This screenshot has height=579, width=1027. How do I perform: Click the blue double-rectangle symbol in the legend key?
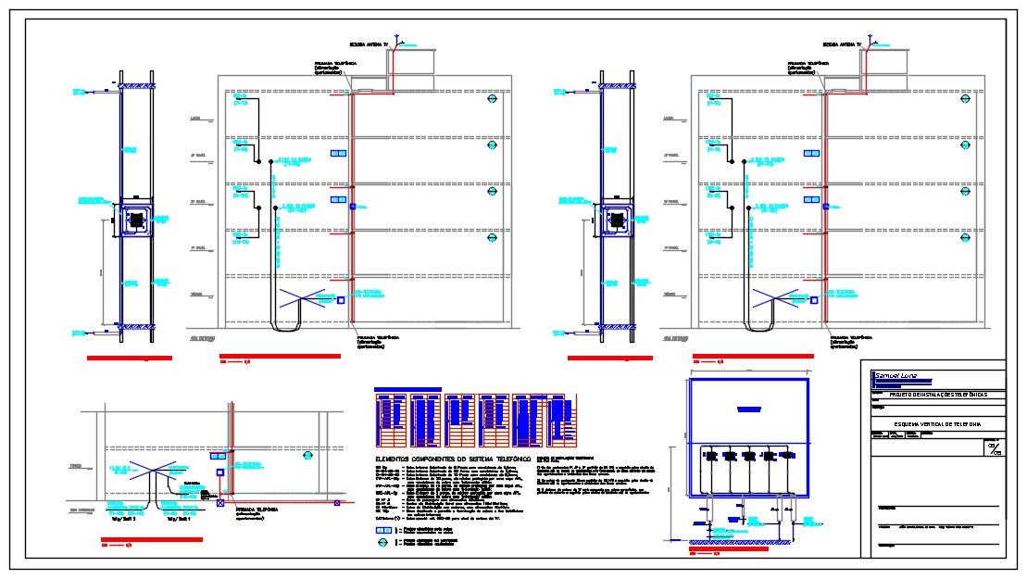[383, 529]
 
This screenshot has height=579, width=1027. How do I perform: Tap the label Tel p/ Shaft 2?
[124, 520]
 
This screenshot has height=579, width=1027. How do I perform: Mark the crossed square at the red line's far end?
[219, 504]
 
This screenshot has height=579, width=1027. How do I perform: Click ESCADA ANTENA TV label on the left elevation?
[368, 44]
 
